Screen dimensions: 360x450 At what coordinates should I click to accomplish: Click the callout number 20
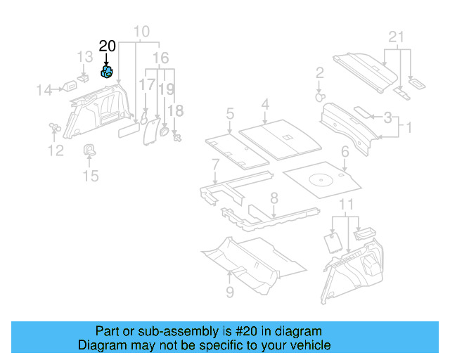[107, 46]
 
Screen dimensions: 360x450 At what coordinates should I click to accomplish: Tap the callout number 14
[45, 89]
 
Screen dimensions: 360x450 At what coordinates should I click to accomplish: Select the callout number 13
[84, 56]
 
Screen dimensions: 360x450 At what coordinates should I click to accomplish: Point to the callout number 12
[55, 150]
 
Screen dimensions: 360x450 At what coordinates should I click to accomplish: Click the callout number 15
[91, 176]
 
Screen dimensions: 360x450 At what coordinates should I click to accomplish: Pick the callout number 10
[141, 31]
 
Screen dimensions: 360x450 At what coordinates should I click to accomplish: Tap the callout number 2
[319, 72]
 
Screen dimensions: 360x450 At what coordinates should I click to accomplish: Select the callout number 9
[229, 291]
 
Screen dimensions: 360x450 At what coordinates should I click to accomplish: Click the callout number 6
[345, 151]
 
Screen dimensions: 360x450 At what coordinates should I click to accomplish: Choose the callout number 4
[264, 105]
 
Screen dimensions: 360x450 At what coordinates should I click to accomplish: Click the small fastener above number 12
[53, 127]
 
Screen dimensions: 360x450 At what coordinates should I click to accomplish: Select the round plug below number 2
[320, 96]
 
